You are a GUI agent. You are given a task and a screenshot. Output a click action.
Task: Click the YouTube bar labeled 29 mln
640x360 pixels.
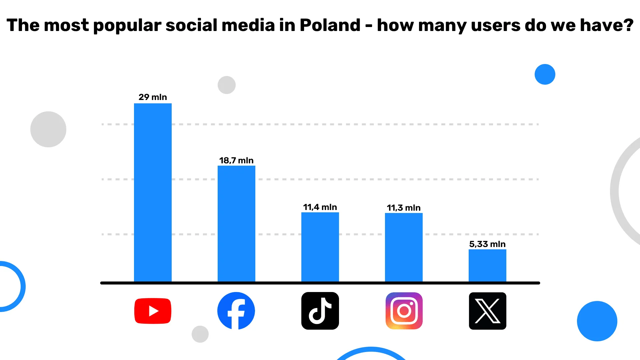pos(153,193)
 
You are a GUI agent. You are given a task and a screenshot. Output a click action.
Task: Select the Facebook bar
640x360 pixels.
pos(236,224)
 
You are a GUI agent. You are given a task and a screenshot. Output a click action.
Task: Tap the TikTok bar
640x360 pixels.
pos(320,247)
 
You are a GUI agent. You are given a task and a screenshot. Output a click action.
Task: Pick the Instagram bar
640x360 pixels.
pos(404,247)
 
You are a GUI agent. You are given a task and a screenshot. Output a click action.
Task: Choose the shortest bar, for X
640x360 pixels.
pos(487,266)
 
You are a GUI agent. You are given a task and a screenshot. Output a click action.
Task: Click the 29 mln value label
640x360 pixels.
pos(153,97)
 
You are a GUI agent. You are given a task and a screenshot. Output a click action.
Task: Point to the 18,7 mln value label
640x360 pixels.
pos(236,160)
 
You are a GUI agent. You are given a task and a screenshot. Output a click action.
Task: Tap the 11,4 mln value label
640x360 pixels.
pos(320,207)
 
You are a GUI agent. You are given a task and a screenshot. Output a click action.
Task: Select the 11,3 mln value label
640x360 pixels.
pos(404,208)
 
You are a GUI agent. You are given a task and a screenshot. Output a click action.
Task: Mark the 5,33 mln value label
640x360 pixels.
pos(487,244)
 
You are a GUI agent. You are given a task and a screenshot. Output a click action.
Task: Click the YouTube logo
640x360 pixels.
pos(153,311)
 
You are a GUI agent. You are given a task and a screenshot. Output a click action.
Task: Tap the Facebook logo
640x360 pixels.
pos(236,311)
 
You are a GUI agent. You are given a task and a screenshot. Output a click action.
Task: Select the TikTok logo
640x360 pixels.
pos(320,311)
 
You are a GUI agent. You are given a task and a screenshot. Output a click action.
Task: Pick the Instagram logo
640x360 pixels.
pos(404,311)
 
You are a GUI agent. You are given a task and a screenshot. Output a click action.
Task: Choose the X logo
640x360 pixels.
pos(487,311)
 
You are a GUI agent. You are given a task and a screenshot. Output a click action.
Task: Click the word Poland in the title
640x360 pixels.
pos(330,25)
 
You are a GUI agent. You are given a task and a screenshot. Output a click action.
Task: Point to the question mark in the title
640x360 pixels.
pos(628,25)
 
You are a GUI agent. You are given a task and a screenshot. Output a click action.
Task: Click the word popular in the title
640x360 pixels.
pos(127,26)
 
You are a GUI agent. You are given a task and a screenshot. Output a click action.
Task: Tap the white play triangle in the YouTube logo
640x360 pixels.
pos(153,311)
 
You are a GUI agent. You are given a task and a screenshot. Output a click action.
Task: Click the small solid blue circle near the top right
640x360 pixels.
pos(545,74)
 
